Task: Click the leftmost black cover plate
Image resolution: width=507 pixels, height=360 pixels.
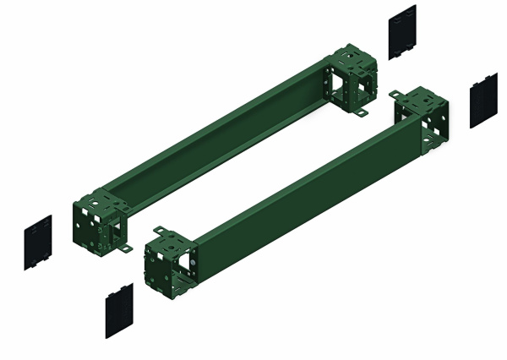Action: point(38,243)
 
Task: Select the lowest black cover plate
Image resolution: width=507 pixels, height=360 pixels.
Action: point(117,310)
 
